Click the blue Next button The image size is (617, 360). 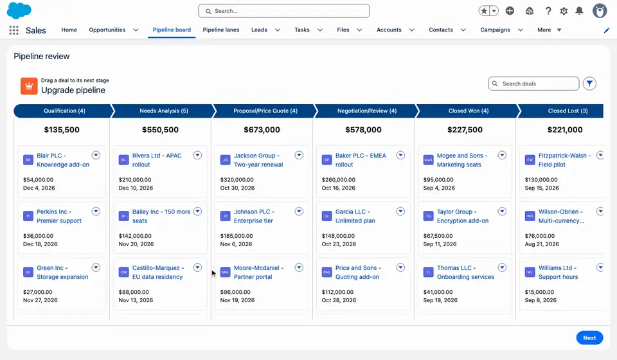click(x=589, y=337)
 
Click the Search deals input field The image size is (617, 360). click(x=533, y=84)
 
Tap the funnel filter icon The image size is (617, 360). click(x=589, y=84)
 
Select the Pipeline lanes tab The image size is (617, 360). click(x=220, y=30)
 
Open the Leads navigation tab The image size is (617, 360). click(x=259, y=30)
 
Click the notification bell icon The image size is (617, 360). click(x=579, y=11)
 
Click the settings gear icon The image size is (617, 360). click(x=564, y=11)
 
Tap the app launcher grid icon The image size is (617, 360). click(x=13, y=30)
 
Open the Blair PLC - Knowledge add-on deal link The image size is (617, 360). click(x=63, y=160)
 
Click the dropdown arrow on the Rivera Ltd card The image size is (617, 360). click(x=197, y=156)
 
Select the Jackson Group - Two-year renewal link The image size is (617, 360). click(x=258, y=160)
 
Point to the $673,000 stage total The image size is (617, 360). click(x=262, y=129)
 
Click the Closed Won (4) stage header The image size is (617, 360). click(x=469, y=111)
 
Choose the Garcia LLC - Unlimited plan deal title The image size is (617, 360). click(x=355, y=217)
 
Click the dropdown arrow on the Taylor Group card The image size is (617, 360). click(x=502, y=212)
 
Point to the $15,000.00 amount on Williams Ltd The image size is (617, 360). click(x=539, y=292)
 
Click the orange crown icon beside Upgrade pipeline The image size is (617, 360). click(x=29, y=86)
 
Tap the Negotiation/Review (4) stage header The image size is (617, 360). click(x=367, y=111)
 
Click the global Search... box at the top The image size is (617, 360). click(x=283, y=11)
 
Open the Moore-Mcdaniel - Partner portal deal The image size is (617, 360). click(x=258, y=273)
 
